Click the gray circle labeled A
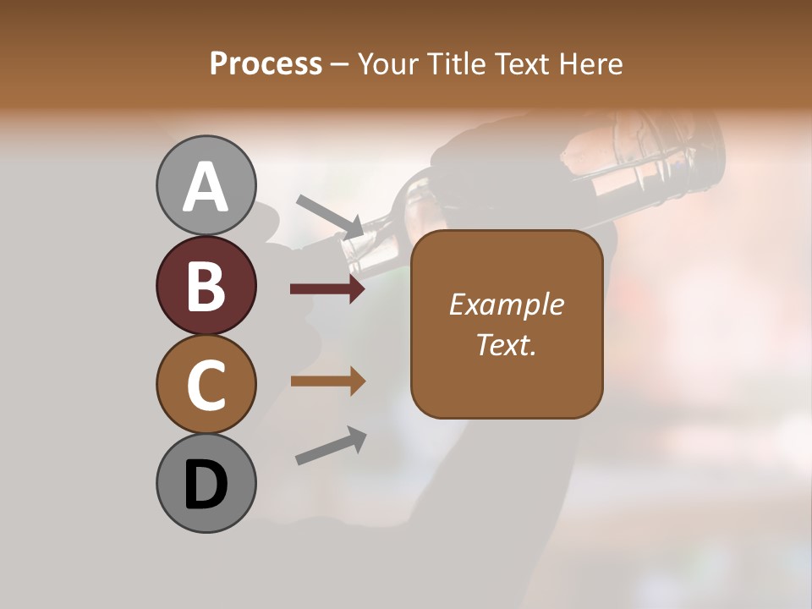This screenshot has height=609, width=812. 206,185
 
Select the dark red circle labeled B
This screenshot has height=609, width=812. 206,285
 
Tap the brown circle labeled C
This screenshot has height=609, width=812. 206,384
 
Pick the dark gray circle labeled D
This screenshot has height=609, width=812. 206,483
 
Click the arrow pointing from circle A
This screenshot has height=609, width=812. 330,216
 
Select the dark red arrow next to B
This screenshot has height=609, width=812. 327,289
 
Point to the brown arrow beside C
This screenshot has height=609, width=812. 327,381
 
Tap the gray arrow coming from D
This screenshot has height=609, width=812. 331,446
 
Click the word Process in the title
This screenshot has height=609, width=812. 266,63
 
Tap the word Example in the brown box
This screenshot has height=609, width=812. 506,304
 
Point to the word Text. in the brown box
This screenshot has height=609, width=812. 506,344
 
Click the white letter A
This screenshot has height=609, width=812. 206,187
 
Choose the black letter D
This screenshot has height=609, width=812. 206,485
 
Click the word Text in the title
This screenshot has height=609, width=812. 523,63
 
